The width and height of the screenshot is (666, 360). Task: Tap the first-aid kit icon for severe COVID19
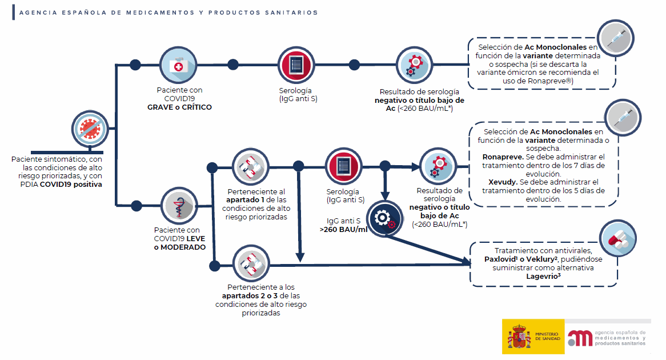(180, 65)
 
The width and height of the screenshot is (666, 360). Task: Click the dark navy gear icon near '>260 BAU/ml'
(384, 218)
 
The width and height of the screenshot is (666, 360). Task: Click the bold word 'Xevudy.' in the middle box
(496, 181)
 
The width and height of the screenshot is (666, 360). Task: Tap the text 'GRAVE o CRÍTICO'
(179, 107)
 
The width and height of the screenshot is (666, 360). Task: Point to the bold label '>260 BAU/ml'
(343, 229)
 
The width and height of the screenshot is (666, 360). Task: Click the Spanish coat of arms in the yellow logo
(519, 337)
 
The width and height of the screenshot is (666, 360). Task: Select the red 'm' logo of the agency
(579, 337)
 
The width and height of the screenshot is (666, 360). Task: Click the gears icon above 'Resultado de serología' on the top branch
(414, 65)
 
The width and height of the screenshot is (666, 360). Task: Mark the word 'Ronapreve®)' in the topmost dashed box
(553, 81)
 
